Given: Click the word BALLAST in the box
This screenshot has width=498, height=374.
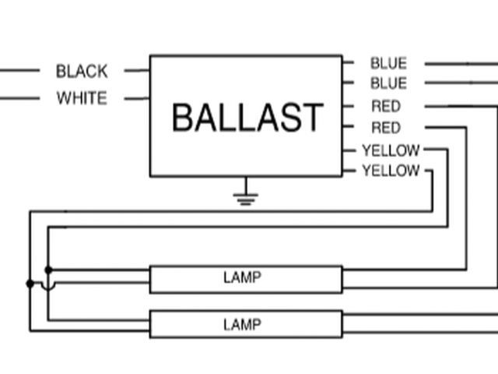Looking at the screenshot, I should point(246,118).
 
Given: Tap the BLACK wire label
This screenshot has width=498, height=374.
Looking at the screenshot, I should point(82,72).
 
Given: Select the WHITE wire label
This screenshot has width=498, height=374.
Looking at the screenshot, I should point(82,99).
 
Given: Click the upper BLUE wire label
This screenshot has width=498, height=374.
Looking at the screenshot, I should point(388,64).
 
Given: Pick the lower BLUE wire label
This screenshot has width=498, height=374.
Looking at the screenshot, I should point(388,83).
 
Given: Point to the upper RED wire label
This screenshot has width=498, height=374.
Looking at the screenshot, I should point(386,107).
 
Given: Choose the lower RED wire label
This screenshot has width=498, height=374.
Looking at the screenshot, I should point(386,128).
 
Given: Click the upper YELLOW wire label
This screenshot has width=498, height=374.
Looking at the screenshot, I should point(391,150).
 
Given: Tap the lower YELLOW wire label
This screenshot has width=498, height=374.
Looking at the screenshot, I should point(391,171).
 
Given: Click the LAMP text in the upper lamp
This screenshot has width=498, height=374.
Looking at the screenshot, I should point(242,277).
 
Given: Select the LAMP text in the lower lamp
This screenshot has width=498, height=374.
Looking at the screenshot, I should point(242,324).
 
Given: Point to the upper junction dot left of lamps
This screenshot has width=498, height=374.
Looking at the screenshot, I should point(48,270).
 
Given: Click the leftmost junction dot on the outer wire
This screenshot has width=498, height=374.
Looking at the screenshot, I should point(30,284).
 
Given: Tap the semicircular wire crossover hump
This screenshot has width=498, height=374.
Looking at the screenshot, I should point(48,285).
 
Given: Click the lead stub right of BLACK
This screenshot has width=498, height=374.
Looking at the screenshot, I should point(136,71).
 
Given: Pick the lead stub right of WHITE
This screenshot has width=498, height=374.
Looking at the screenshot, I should point(136,99).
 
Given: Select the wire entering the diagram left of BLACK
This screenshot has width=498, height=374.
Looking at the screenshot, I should point(19,71).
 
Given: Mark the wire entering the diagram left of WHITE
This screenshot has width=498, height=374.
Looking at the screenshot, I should point(19,99).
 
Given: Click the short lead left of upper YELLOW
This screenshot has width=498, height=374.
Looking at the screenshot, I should point(350,150).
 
